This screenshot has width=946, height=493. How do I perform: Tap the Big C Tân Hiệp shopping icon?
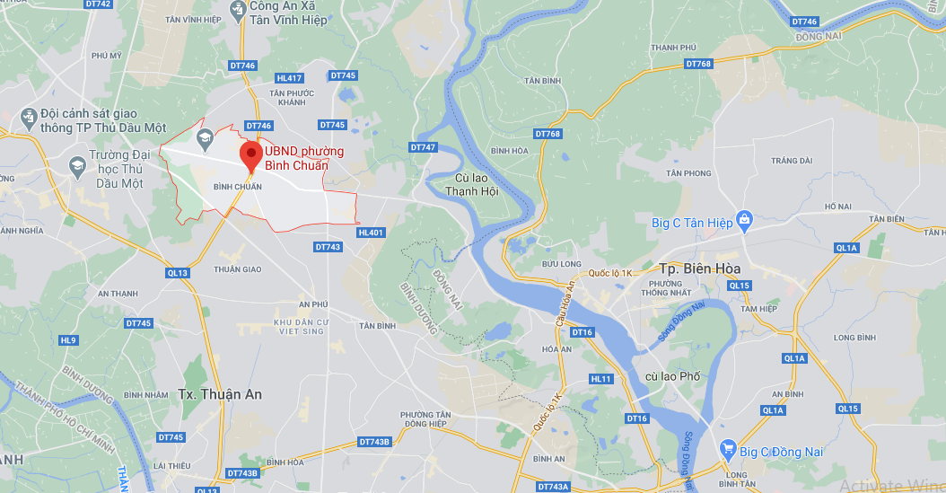(x=743, y=220)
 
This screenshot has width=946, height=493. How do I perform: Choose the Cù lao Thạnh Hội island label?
(x=470, y=183)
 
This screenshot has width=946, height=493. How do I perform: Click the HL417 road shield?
(x=290, y=78)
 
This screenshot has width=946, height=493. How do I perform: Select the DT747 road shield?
(x=423, y=146)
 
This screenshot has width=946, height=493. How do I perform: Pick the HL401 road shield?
(x=370, y=233)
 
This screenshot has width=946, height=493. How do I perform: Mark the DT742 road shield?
(x=99, y=4)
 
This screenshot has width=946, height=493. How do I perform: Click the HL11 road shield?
(x=600, y=379)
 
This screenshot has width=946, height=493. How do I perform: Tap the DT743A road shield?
(x=554, y=487)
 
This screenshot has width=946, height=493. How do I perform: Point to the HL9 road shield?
(x=68, y=340)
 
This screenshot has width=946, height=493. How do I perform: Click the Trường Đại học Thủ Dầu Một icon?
(x=76, y=164)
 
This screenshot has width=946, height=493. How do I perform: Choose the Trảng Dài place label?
(x=791, y=161)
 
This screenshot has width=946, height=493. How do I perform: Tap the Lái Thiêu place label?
(x=171, y=466)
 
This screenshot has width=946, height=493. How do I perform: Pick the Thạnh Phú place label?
(x=674, y=47)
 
